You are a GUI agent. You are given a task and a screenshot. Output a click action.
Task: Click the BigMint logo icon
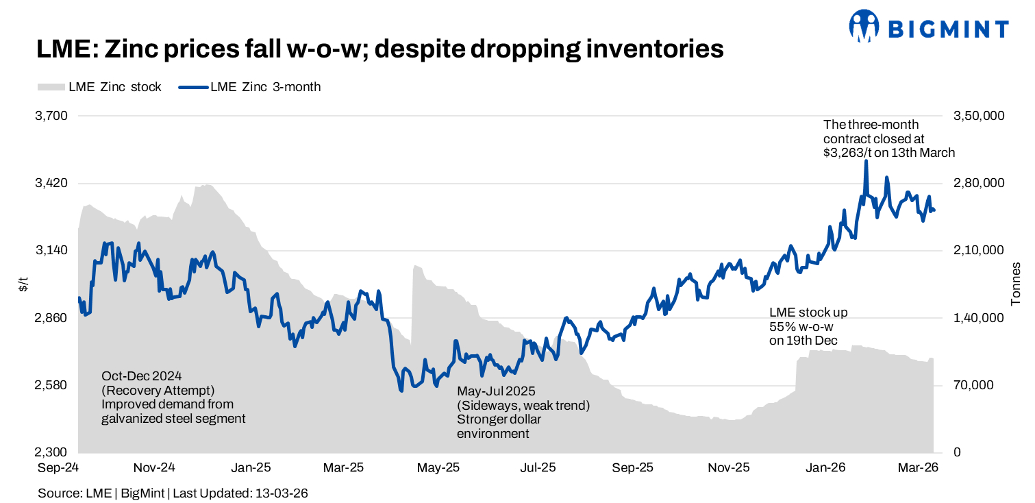864,26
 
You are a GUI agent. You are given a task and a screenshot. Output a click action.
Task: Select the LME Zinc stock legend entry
100,87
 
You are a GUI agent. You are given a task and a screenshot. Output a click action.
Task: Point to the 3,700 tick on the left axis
51,116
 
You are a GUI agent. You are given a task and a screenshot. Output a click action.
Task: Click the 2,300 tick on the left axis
51,453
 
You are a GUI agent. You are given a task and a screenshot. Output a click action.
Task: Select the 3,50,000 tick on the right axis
979,116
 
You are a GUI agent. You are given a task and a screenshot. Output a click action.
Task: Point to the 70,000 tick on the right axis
973,386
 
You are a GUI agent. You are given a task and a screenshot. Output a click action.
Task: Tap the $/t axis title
23,284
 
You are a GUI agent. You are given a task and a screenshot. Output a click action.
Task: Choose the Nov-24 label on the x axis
155,468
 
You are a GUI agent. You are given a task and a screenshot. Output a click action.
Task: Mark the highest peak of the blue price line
866,160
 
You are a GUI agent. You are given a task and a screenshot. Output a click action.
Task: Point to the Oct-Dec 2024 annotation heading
145,376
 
